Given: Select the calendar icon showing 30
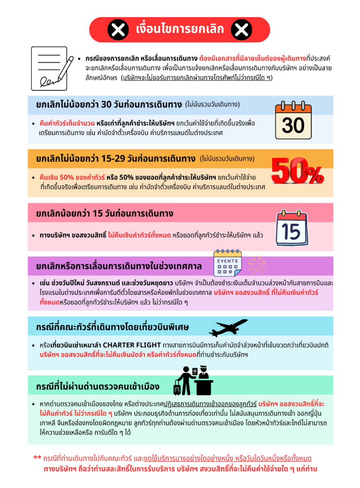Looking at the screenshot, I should tap(293, 121).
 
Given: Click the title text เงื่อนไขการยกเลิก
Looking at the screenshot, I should tap(180, 30).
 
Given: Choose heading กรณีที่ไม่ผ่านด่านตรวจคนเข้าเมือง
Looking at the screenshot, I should tap(98, 386).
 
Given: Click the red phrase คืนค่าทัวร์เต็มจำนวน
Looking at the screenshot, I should tap(67, 123).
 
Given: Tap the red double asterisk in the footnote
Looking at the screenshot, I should tap(37, 458).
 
